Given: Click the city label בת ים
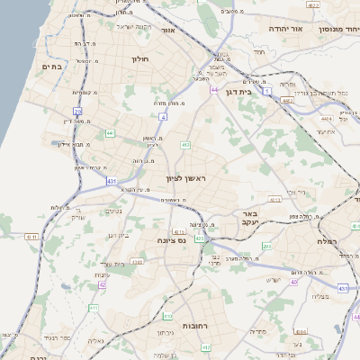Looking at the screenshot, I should point(51,67).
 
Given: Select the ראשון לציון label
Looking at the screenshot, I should point(185,178).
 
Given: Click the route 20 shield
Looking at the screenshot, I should point(78,112).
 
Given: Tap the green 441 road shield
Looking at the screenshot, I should point(110,133).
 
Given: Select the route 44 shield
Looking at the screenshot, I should point(213,90).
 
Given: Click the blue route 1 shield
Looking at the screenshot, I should point(267,91).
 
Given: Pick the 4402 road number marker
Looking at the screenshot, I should point(286,102).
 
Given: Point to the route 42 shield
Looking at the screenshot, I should point(102,284).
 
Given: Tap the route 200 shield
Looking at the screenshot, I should point(266,246).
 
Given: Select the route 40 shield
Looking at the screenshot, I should point(294,282).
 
